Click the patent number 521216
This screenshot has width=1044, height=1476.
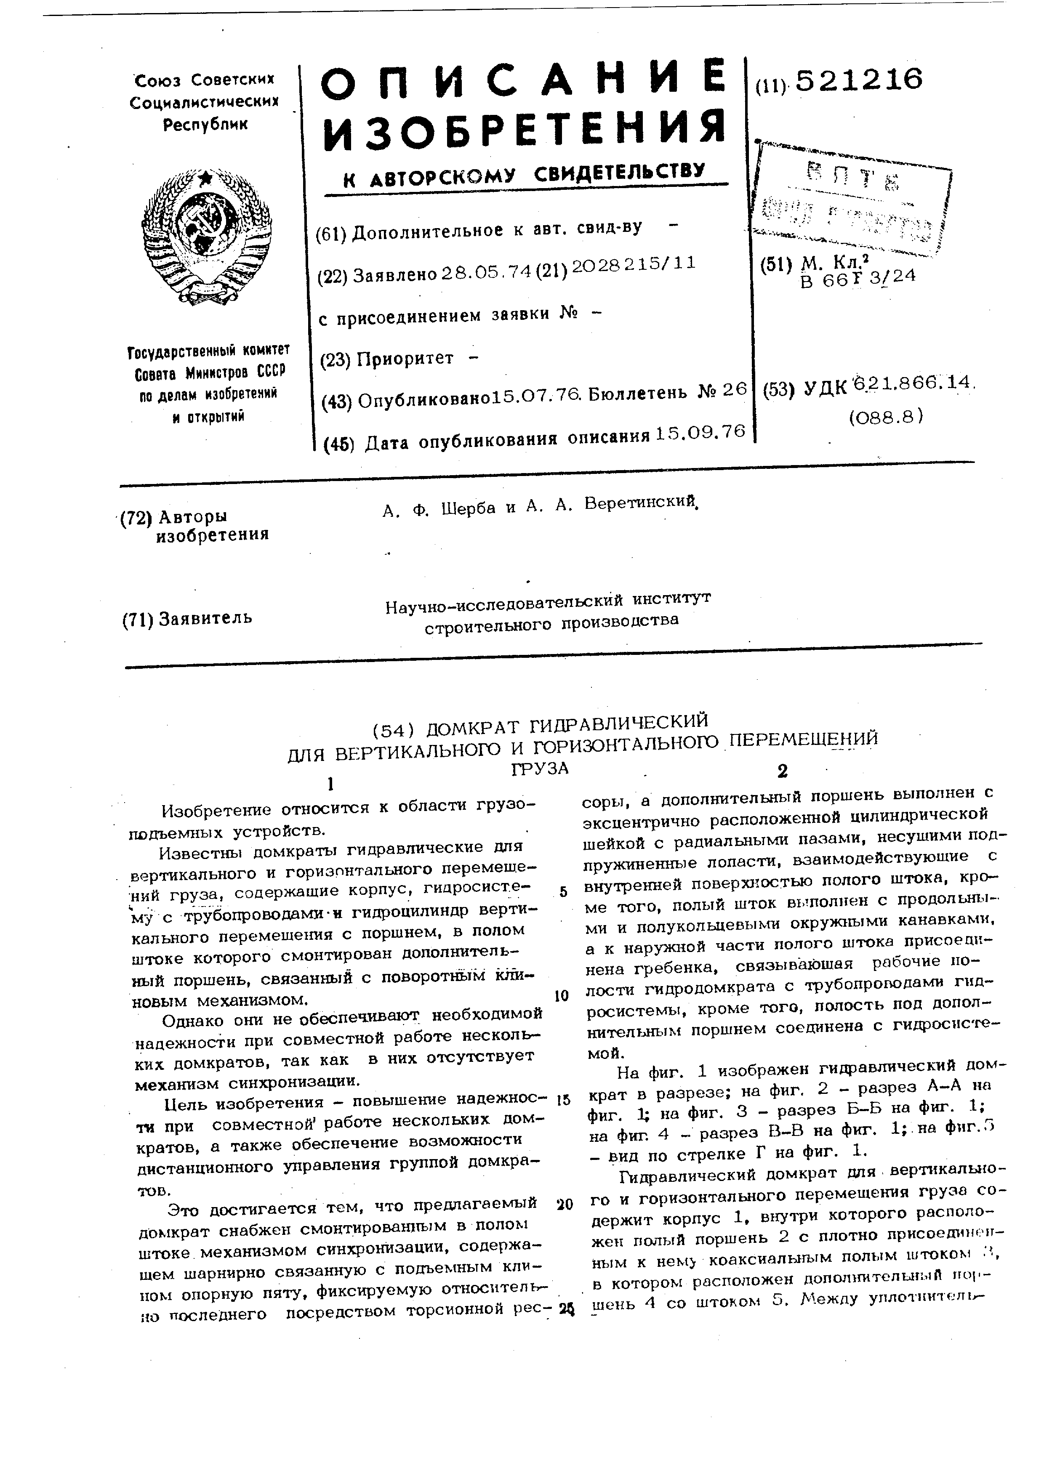pyautogui.click(x=858, y=80)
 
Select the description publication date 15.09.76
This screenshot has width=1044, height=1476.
pyautogui.click(x=699, y=433)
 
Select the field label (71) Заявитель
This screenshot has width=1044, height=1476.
pyautogui.click(x=187, y=618)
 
